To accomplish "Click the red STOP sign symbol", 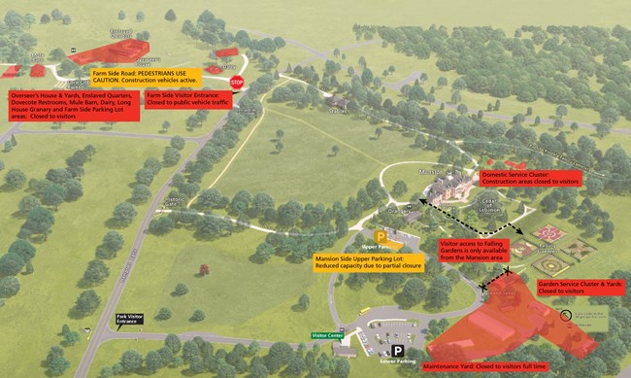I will coord(237,83).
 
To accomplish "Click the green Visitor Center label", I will coord(328,335).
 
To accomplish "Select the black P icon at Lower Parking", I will coord(397,351).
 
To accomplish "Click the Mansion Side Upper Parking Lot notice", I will coord(359,262).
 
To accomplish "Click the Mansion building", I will coord(446,186).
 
